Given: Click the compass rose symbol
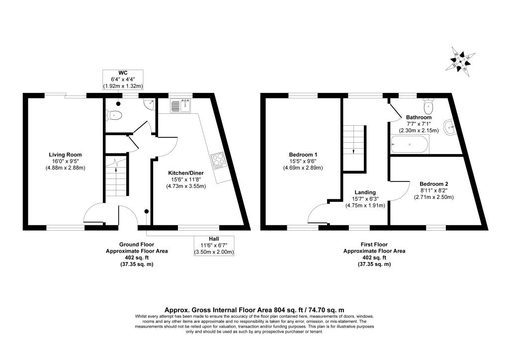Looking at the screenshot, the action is coord(461,62).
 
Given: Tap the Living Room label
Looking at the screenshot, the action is coord(65,155).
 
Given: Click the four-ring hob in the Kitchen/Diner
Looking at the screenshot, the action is coord(217,161).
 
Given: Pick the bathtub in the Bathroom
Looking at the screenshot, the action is coord(410,144).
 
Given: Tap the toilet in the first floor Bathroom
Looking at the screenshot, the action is coord(428,104).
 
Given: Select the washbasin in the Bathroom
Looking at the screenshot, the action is coord(449,127).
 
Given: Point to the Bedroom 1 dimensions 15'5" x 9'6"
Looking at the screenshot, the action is coord(302,161).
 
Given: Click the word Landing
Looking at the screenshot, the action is coord(365,192).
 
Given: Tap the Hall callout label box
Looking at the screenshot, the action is coord(214,246).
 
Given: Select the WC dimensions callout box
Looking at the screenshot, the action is coord(123,80).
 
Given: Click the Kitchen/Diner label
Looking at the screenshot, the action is coord(186,173).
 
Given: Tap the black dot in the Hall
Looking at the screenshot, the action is coord(147,211).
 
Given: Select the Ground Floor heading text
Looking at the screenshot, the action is coord(137,245).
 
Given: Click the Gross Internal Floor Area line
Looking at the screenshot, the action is coord(254,310).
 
